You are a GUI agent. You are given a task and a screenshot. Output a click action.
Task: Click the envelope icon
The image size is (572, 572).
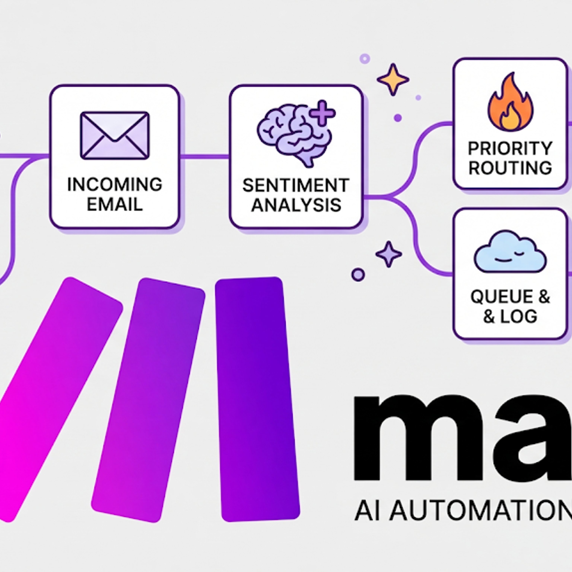tap(115, 135)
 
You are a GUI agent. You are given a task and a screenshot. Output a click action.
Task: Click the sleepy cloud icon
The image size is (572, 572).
tap(510, 252)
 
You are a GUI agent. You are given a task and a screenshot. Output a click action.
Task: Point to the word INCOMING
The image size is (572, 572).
tap(115, 185)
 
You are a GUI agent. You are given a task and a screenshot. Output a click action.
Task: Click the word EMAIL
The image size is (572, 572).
tap(115, 204)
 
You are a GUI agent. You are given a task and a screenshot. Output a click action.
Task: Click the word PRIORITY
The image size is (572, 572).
tap(510, 148)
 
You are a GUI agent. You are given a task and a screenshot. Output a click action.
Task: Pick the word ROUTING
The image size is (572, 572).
tap(510, 168)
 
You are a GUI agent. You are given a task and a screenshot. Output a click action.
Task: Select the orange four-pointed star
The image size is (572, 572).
tap(393, 79)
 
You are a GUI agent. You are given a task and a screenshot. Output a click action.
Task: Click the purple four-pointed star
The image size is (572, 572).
tap(388, 254)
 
